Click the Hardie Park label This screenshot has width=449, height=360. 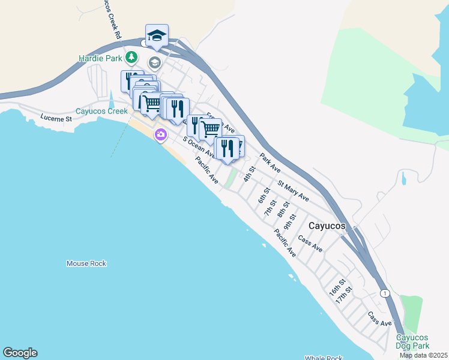coord(100,58)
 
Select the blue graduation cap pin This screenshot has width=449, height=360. coord(157,35)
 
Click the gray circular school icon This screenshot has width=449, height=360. coord(155,63)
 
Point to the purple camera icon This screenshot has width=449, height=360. coord(160,134)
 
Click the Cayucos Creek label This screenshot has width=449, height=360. coord(102,111)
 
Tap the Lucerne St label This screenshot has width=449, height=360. coord(56,118)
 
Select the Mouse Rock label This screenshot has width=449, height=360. coord(86,263)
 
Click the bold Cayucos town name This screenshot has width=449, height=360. coord(327,226)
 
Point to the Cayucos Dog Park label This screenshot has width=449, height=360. coord(413,341)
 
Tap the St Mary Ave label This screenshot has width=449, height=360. coord(293,190)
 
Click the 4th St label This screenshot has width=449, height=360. coord(250,173)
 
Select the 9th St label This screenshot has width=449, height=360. coord(291,221)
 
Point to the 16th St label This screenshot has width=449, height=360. coord(337,287)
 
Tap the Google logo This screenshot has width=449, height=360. coord(20,353)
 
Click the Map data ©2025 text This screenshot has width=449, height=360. coord(424,355)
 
